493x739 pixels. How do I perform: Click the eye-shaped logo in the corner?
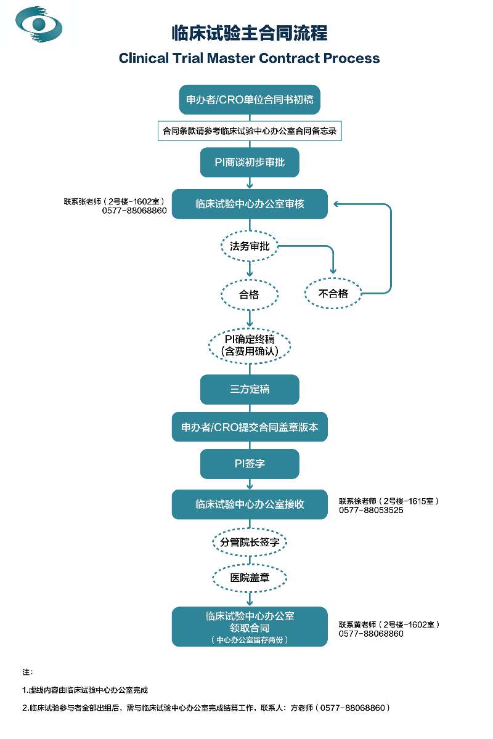(x=39, y=24)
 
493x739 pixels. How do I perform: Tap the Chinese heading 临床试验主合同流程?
(x=250, y=33)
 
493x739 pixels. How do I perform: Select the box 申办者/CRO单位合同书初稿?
(x=250, y=100)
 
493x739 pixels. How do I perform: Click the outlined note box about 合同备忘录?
(x=250, y=131)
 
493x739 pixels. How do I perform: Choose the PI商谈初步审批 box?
(x=250, y=163)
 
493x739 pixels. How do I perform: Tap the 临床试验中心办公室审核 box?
(x=250, y=204)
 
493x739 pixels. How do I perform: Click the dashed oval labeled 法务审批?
(x=250, y=246)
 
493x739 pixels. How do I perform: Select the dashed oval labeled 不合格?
(x=333, y=293)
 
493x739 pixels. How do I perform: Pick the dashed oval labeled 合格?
(x=250, y=294)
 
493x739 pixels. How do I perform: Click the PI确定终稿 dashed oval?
(x=250, y=345)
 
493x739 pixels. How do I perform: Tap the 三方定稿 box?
(x=250, y=389)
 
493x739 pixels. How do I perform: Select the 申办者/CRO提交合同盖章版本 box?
(x=250, y=427)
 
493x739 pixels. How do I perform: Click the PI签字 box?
(x=250, y=464)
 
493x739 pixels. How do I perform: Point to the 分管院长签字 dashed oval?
(x=250, y=542)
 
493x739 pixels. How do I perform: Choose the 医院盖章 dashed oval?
(x=250, y=578)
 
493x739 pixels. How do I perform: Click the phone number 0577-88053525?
(x=371, y=510)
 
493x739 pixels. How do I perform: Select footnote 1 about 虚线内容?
(x=85, y=690)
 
